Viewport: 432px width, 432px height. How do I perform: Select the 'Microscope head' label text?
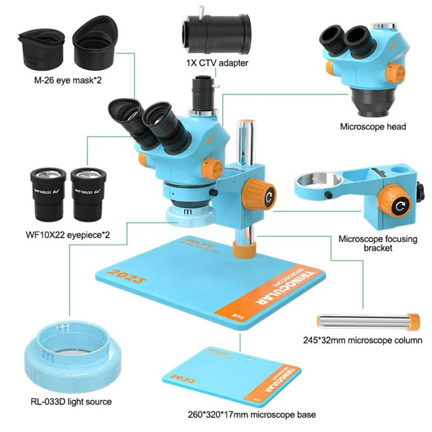point(373,127)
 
